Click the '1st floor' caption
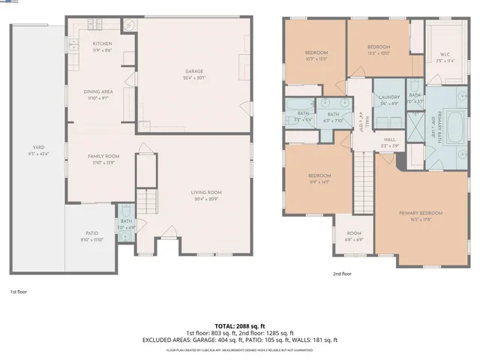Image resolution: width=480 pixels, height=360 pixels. tap(19, 291)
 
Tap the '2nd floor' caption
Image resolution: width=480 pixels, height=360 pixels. tap(342, 274)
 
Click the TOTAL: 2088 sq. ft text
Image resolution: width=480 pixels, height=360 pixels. tap(239, 327)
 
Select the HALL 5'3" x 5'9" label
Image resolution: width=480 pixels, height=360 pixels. tap(390, 142)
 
